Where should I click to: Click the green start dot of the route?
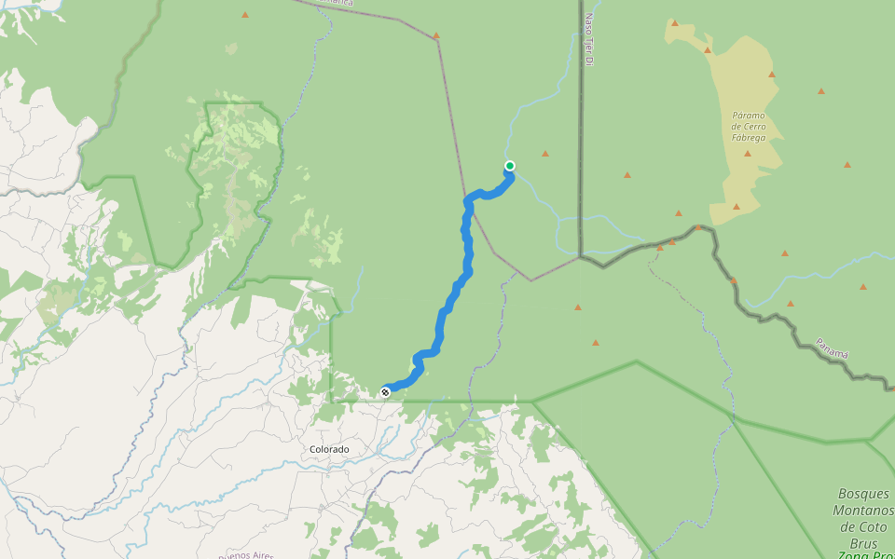(510, 166)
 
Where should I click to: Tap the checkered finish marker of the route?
(385, 392)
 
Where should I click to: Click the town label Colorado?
(329, 449)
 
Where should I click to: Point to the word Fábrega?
(749, 138)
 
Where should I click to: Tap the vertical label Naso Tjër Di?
(588, 39)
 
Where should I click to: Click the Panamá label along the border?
(833, 348)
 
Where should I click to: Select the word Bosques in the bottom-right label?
(864, 494)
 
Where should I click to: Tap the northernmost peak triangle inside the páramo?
(674, 23)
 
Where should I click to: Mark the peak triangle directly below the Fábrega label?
(748, 153)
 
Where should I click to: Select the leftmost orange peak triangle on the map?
(245, 15)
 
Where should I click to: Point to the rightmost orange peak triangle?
(863, 287)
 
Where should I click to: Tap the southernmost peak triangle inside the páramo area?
(737, 207)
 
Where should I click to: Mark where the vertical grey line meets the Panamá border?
(580, 257)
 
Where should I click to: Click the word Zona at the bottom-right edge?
(853, 555)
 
